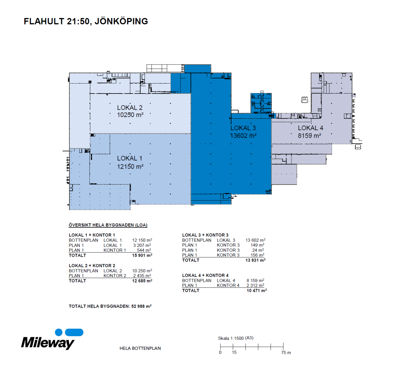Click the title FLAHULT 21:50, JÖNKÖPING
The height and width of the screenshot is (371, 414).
point(86,22)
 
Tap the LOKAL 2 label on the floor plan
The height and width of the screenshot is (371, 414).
point(129,108)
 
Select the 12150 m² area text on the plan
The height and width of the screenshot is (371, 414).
point(130,166)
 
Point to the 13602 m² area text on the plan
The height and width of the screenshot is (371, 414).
point(243,136)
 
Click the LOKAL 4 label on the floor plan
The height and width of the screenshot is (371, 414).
point(310,128)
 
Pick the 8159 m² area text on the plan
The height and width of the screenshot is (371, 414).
point(309,136)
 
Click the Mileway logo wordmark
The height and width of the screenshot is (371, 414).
point(48,343)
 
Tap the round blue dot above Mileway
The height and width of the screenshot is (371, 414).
point(59,333)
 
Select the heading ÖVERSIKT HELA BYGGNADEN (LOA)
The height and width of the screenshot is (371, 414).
point(108,225)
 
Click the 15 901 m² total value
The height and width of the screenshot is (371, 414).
point(142,255)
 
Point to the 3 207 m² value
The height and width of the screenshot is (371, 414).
point(142,245)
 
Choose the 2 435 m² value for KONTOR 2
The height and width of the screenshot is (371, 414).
point(142,276)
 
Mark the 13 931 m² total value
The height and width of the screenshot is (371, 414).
point(256,260)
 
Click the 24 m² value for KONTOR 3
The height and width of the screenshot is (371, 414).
point(258,250)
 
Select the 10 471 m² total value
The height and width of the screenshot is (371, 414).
point(257,291)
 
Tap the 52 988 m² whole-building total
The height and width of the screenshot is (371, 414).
point(141,306)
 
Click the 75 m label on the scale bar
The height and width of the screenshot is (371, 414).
point(286,353)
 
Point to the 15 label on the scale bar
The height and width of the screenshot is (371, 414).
point(234,352)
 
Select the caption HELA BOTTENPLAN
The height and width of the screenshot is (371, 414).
point(140,348)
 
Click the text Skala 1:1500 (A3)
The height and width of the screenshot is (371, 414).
point(236,338)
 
